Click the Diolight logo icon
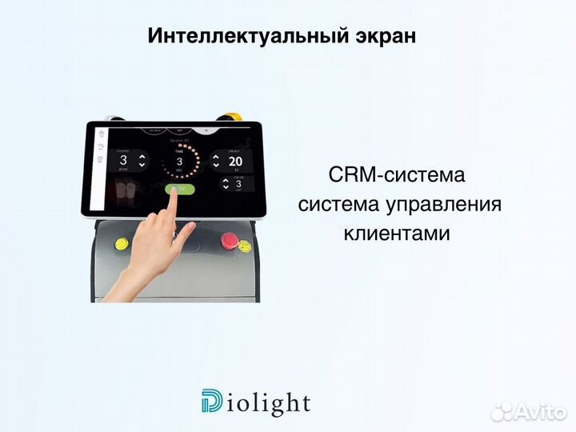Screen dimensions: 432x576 213,402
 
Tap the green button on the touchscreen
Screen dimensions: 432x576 178,189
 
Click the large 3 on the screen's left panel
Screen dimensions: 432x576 124,159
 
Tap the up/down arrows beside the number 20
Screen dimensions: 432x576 216,161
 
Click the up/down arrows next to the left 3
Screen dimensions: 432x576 142,159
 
